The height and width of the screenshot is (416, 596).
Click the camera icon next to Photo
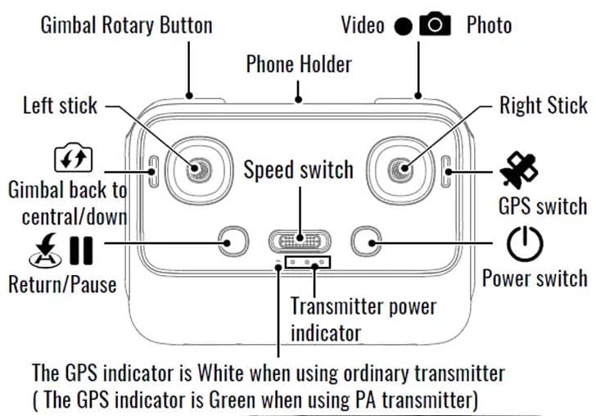[x=435, y=24]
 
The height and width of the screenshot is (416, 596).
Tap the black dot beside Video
[x=403, y=26]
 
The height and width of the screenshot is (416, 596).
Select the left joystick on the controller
[x=199, y=170]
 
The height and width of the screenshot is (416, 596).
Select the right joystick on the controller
[x=400, y=170]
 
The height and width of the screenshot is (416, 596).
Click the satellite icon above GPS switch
[x=519, y=170]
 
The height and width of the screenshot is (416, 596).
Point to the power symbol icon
[x=525, y=244]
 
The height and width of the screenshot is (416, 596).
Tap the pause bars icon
[x=81, y=251]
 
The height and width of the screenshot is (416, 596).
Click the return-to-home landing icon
[x=46, y=251]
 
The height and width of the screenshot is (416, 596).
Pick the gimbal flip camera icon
[x=73, y=157]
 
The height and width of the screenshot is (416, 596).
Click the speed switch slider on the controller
[x=300, y=241]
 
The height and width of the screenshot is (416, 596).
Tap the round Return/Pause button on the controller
[x=233, y=241]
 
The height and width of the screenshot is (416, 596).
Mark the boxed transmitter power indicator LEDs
[x=308, y=262]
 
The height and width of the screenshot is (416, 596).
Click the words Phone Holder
[x=299, y=64]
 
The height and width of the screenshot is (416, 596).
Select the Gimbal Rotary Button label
[x=127, y=25]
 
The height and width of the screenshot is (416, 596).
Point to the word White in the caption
[x=220, y=373]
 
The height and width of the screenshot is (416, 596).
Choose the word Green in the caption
[x=232, y=400]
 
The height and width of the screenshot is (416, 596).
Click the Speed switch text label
[x=298, y=170]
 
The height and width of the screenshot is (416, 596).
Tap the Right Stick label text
[x=544, y=105]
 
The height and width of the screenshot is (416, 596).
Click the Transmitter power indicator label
[x=363, y=320]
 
